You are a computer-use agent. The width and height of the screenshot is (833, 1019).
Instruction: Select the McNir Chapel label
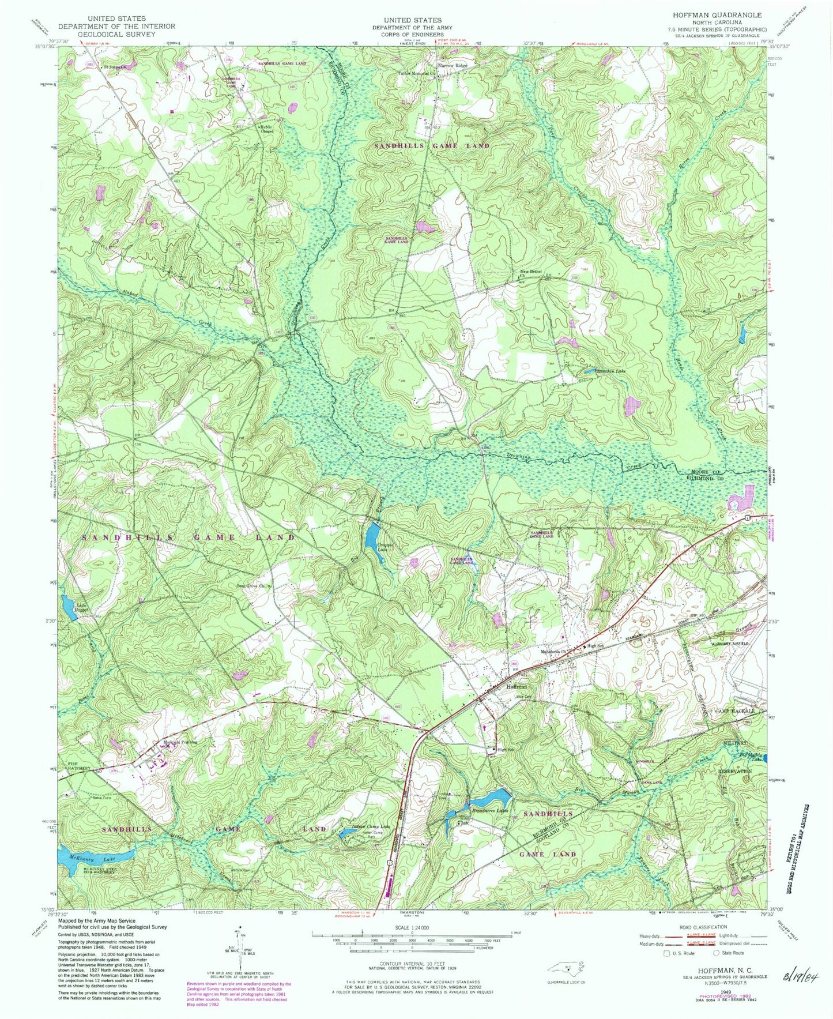266,129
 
